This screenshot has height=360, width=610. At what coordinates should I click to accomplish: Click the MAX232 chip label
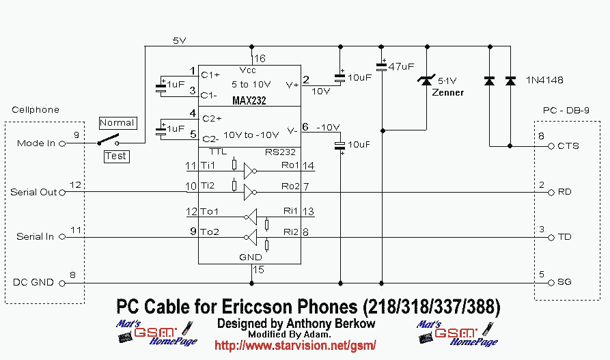249,100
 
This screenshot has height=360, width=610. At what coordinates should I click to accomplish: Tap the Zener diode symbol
427,81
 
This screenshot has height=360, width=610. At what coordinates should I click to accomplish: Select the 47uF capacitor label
401,67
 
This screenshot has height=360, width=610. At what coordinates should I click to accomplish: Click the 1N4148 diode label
544,80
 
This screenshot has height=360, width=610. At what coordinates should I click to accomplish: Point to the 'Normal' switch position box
117,123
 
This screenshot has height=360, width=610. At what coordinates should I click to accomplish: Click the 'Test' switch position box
116,156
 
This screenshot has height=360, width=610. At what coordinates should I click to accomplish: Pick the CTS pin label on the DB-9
568,146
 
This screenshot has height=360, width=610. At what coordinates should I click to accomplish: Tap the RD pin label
565,192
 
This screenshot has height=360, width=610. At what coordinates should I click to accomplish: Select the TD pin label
565,237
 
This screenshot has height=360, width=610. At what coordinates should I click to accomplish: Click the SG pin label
565,281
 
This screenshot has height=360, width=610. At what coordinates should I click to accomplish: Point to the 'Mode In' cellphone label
36,143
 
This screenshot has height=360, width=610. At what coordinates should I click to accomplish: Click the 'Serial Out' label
33,192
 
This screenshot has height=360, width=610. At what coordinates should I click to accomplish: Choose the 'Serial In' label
36,237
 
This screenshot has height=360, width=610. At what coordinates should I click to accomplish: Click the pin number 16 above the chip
260,59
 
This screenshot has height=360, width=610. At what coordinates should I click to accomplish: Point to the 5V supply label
179,41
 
